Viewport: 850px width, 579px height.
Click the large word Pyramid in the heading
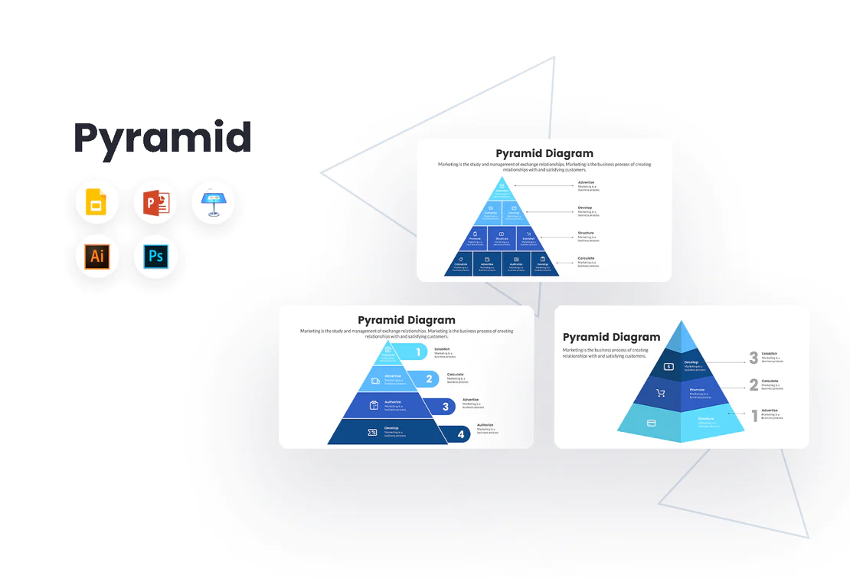162,139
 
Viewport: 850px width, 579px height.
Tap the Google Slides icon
96,203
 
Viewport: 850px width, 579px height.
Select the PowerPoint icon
155,203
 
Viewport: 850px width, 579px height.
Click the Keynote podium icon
213,203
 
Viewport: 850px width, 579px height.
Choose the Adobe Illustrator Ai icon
96,257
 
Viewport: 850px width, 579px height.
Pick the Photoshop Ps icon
155,257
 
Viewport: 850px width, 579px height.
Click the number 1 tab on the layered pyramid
418,353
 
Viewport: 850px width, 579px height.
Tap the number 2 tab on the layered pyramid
429,379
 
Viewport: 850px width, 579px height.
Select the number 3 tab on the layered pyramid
445,407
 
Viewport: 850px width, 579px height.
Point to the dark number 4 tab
460,434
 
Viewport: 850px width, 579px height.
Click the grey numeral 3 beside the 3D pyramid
754,358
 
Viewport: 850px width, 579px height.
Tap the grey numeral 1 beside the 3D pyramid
754,416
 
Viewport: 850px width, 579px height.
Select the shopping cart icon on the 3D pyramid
660,394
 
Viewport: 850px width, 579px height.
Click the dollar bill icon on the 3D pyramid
669,367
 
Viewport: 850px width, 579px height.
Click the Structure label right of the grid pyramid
586,233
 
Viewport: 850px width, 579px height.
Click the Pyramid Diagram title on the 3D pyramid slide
611,337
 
